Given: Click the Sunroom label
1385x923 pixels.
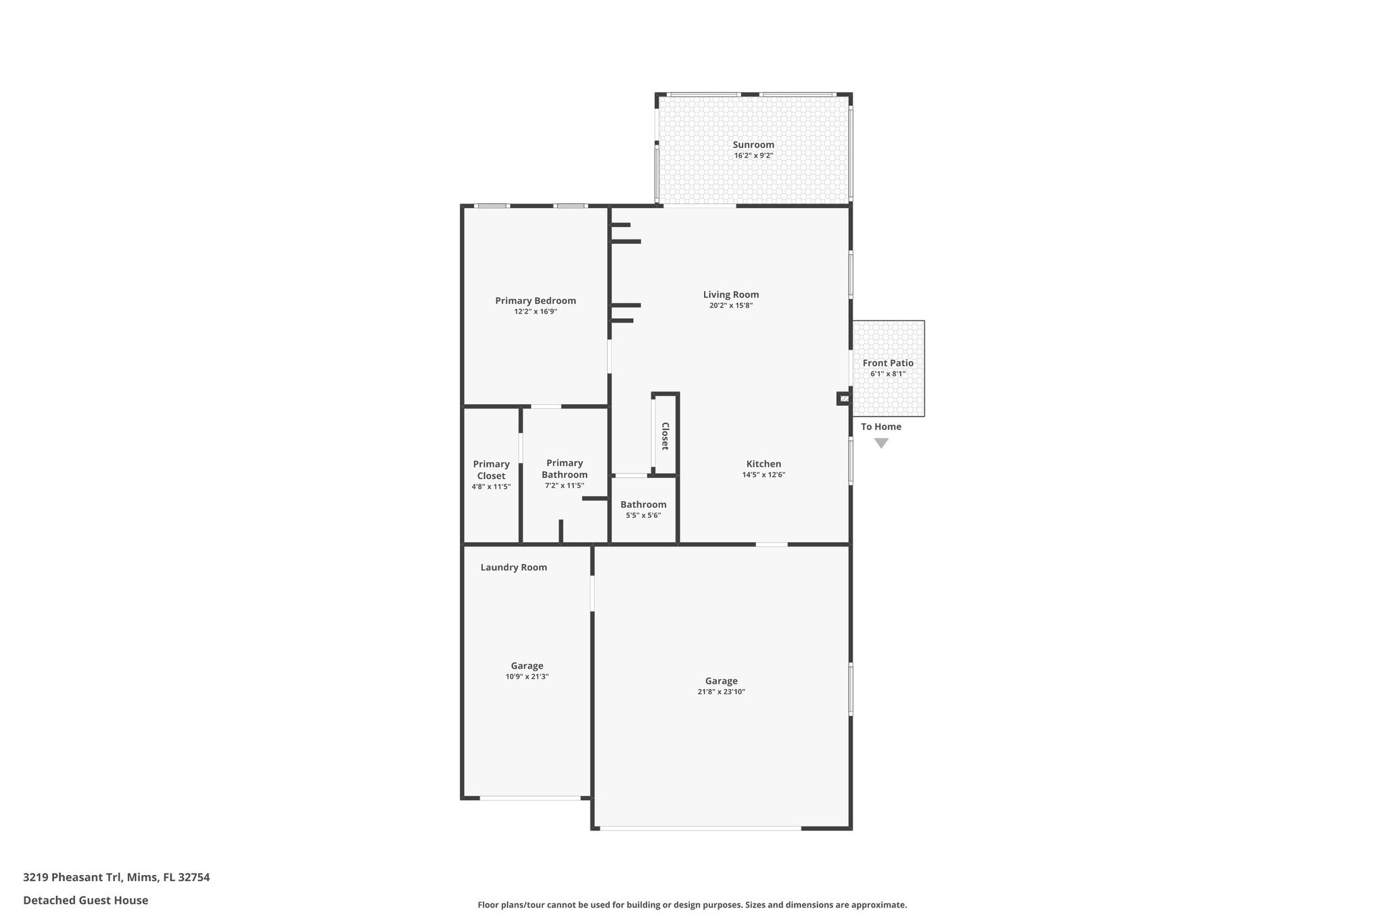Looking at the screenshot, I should click(753, 145).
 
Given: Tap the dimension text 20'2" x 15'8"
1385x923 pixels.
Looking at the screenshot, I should click(730, 306).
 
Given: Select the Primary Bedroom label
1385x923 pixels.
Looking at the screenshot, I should click(535, 301).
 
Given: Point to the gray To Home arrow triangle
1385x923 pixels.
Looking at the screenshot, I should click(881, 444).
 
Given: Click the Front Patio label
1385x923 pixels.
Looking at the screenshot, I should click(887, 363).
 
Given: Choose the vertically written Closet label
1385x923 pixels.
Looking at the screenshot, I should click(665, 436).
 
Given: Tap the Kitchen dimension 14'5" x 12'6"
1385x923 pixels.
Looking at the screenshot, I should click(763, 475).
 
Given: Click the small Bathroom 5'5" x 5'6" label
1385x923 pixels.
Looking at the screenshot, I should click(642, 509).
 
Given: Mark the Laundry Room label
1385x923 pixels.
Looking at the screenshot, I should click(513, 567).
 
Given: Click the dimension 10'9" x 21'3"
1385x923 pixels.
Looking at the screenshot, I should click(527, 677).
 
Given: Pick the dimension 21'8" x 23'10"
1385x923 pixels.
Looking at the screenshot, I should click(721, 692).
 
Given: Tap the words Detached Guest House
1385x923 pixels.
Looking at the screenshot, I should click(85, 900).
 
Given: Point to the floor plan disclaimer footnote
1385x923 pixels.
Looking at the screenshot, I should click(692, 905).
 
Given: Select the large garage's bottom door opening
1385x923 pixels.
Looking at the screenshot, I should click(700, 828).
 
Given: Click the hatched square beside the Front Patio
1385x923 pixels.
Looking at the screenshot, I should click(843, 399).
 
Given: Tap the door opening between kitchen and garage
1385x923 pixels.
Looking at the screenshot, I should click(771, 544).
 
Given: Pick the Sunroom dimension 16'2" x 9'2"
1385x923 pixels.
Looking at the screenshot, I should click(753, 156).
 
